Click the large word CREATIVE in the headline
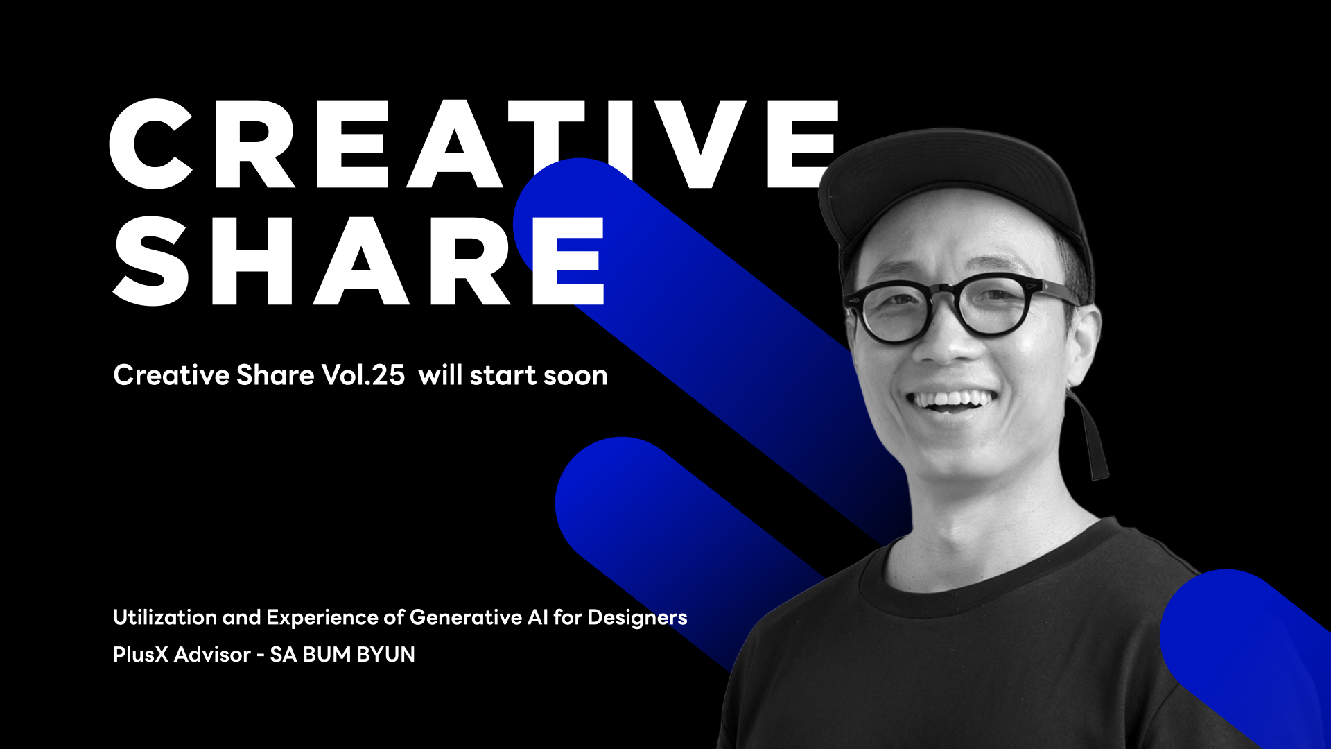tap(474, 144)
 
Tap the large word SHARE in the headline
tap(358, 261)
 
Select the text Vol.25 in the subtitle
tap(363, 375)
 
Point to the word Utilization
tap(165, 617)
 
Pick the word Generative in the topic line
tap(466, 617)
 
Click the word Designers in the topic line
tap(637, 618)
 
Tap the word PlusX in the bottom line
tap(141, 654)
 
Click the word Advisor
tap(212, 654)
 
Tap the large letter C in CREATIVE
tap(150, 144)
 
